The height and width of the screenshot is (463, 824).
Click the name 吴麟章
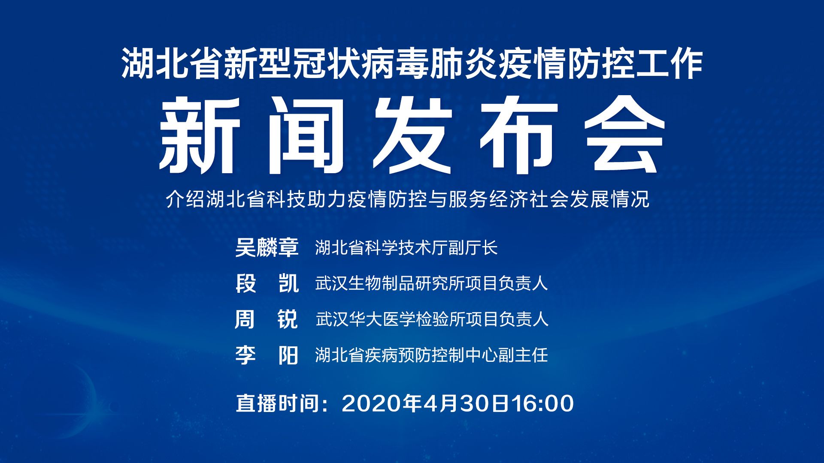click(267, 247)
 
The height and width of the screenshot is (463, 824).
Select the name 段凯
click(267, 283)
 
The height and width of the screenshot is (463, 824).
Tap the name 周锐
click(267, 319)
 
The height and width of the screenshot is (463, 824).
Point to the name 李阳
click(267, 355)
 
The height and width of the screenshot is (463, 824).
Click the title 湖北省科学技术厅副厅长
click(406, 248)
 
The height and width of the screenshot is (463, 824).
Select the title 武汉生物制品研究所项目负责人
click(432, 283)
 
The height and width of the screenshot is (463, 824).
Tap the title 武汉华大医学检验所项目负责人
click(432, 319)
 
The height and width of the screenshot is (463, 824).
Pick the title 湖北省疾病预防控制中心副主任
click(432, 355)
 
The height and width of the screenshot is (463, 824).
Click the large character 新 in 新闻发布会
click(200, 135)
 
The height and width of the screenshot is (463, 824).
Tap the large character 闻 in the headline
click(306, 135)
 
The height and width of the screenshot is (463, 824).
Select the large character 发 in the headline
click(412, 135)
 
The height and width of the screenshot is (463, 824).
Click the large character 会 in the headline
click(625, 135)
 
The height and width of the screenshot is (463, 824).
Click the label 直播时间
click(278, 403)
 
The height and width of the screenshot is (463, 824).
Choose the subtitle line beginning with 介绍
click(408, 199)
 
